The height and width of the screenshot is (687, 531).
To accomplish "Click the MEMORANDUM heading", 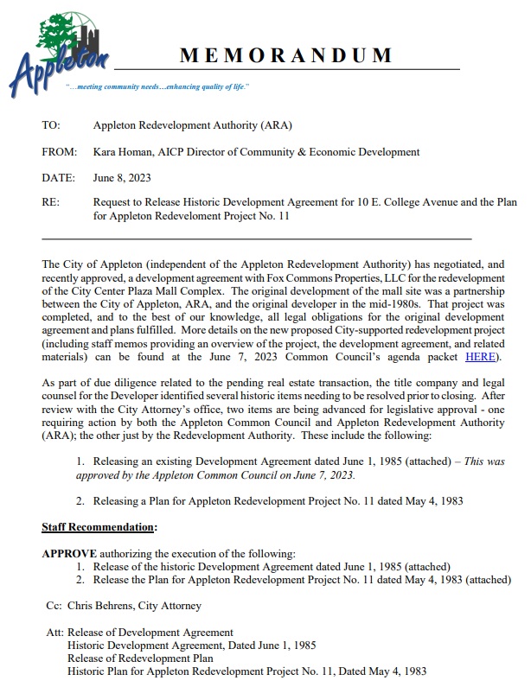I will [x=285, y=56].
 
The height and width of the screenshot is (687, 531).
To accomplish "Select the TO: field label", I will [x=50, y=125].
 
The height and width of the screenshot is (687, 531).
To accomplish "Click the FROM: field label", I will [x=57, y=152].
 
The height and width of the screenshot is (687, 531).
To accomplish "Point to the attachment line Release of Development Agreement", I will [x=150, y=633].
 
